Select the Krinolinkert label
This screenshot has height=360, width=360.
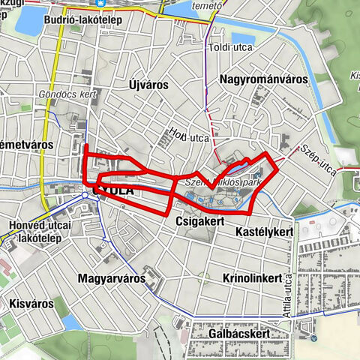251,277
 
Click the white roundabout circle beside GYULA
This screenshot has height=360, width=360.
85,196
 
